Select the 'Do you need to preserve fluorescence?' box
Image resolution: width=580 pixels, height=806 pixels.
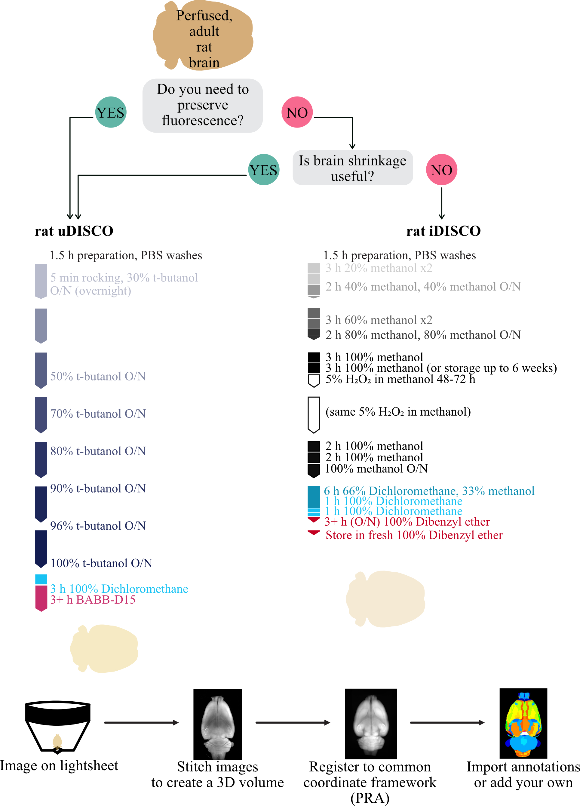pos(203,106)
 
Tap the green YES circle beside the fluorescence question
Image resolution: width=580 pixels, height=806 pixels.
pos(111,112)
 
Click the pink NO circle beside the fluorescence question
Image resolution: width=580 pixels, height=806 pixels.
pos(297,112)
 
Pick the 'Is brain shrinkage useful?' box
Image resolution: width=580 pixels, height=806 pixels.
pos(353,168)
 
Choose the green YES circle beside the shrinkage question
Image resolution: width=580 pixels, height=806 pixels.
pos(264,170)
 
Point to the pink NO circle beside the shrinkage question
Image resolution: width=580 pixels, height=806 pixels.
pos(442,170)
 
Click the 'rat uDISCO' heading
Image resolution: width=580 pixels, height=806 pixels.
pos(74,231)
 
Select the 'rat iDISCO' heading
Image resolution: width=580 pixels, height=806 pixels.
pos(443,231)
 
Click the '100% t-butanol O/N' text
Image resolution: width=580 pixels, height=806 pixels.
pos(101,563)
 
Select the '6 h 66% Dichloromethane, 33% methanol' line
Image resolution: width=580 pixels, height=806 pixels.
pos(429,491)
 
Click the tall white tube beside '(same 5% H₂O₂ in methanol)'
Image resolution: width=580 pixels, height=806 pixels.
pos(314,415)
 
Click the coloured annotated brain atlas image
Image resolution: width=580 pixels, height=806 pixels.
pos(523,723)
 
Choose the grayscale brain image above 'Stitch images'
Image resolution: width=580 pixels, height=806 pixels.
pos(217,724)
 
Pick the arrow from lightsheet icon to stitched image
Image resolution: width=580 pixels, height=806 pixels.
pos(141,722)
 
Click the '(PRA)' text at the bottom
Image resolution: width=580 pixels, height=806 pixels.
pos(370,798)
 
